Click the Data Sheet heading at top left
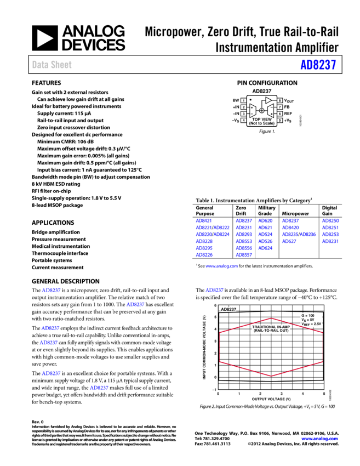tap(52, 65)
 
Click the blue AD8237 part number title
tap(318, 65)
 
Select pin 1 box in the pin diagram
tap(243, 101)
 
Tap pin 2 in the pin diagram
tap(243, 107)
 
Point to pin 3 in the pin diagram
tap(243, 114)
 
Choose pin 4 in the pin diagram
tap(243, 121)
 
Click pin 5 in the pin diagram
tap(279, 121)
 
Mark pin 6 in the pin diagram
tap(279, 114)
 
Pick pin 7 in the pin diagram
tap(279, 107)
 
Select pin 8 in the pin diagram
tap(279, 101)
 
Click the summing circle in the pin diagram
tap(261, 111)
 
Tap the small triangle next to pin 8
tap(268, 100)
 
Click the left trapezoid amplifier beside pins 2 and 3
tap(253, 111)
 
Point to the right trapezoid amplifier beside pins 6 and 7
tap(270, 111)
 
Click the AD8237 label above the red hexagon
tap(228, 309)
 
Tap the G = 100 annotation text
tap(308, 316)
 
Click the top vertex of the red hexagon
tap(271, 318)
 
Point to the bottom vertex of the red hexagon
tap(271, 376)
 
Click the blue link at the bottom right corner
tap(319, 439)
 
